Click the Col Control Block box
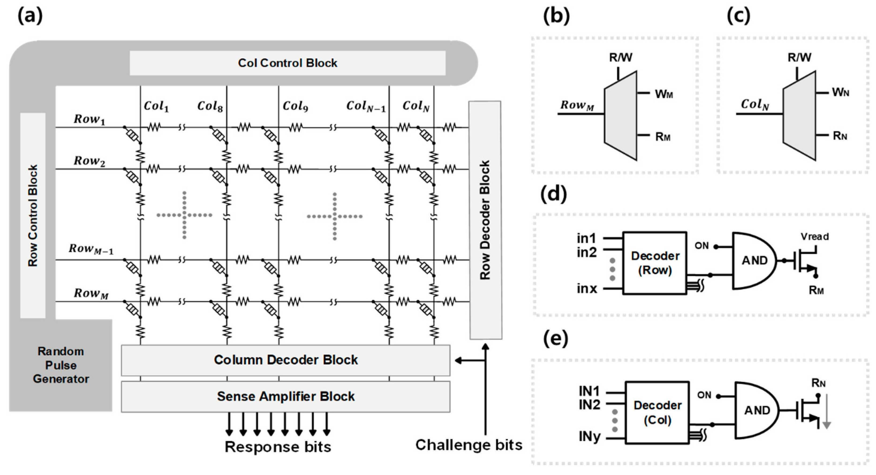point(287,63)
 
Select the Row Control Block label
point(33,216)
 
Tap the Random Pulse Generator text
point(61,365)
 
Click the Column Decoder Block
point(286,360)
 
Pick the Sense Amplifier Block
point(286,397)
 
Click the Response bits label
point(278,447)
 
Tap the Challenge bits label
point(469,445)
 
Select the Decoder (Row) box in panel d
point(655,263)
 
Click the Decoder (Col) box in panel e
point(657,412)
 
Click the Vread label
point(814,237)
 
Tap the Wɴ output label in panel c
point(840,92)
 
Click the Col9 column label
point(295,106)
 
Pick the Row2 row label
point(89,161)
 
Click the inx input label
point(587,288)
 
